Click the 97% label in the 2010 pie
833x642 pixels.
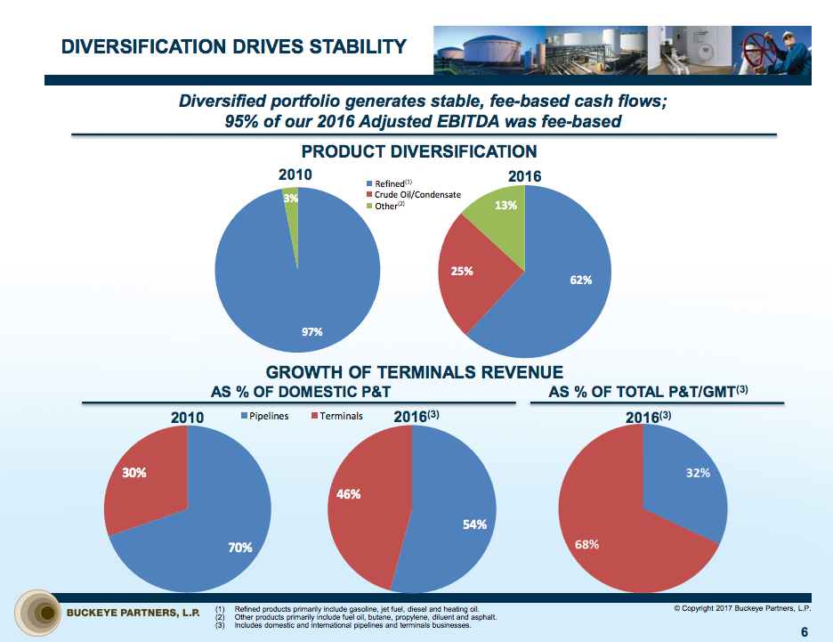point(311,332)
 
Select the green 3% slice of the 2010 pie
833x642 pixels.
point(291,214)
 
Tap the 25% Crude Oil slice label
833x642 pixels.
point(462,272)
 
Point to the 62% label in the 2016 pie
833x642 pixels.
point(580,280)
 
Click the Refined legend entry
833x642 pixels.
point(389,183)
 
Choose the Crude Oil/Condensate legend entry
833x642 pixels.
point(416,194)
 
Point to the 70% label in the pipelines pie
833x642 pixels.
point(240,548)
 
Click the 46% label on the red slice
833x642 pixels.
point(349,494)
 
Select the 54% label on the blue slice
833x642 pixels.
point(474,524)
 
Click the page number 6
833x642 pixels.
point(805,632)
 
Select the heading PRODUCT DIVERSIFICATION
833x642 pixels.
point(419,151)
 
